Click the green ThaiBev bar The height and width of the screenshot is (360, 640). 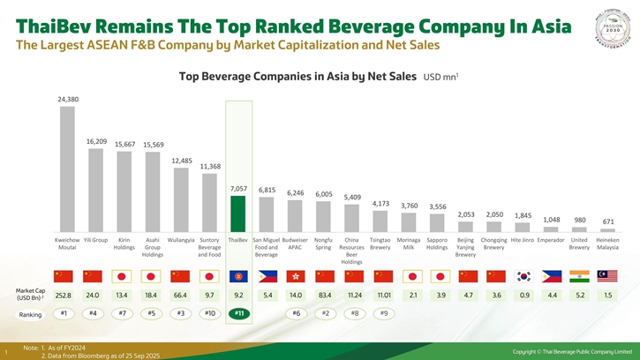point(238,214)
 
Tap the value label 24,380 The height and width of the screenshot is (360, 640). point(68,100)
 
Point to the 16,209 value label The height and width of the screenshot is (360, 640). point(97,141)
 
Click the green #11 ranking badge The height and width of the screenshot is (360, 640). point(238,313)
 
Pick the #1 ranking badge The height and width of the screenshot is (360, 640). point(63,313)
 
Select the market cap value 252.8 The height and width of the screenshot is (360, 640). point(63,295)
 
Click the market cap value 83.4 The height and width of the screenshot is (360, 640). point(324,295)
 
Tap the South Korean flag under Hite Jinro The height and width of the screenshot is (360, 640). point(523,276)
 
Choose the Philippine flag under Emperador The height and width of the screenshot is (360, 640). point(552,276)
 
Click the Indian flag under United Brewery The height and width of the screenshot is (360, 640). point(580,276)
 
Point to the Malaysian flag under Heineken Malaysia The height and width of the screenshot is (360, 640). point(608,276)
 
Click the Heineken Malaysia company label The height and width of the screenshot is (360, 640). point(608,244)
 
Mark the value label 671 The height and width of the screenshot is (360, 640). point(608,221)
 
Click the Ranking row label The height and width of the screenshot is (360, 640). point(31,314)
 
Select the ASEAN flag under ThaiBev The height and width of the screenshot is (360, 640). point(238,276)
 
